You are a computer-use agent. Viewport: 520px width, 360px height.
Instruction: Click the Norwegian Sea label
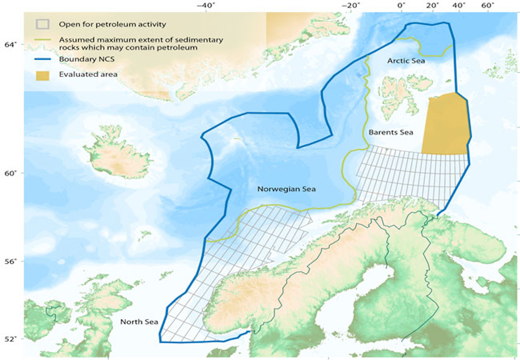(x=286, y=189)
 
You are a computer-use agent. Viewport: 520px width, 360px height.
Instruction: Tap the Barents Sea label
(x=391, y=132)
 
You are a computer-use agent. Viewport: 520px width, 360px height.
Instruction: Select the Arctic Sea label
(x=406, y=61)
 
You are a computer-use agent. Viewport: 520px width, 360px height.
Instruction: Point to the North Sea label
(x=139, y=321)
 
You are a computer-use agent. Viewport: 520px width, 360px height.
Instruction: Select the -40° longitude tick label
(x=206, y=6)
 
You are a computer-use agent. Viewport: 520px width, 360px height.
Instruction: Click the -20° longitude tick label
(x=351, y=6)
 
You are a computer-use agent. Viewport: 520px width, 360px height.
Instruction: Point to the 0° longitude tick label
(x=401, y=6)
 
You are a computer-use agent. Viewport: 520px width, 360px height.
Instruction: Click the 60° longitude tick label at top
(x=487, y=6)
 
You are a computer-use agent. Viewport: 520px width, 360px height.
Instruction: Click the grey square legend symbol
(x=42, y=24)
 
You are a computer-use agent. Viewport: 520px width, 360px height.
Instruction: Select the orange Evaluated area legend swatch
(x=42, y=75)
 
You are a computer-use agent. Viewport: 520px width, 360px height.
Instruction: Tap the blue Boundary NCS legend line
(x=42, y=59)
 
